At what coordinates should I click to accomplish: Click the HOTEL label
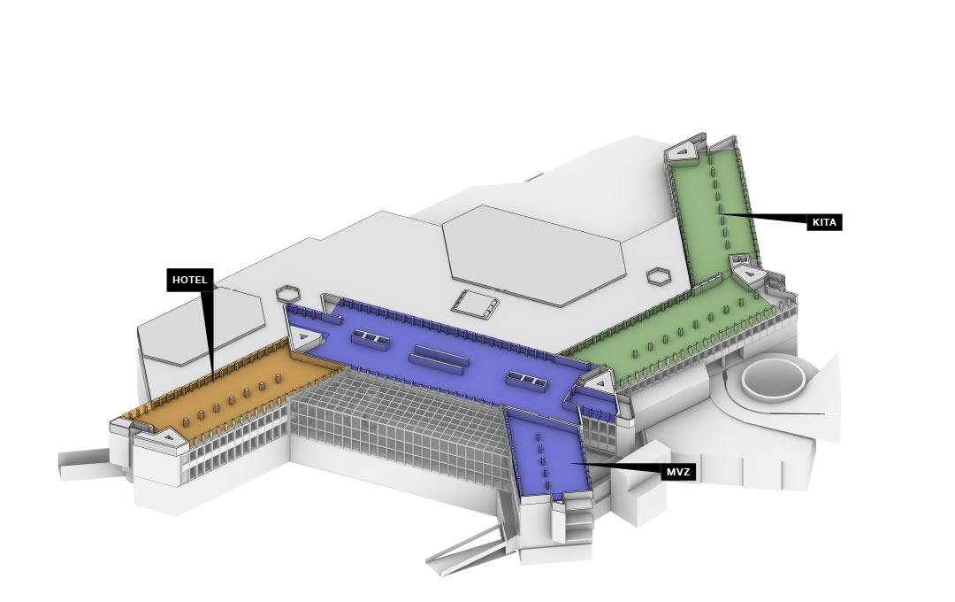point(190,280)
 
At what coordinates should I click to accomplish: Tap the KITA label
point(824,222)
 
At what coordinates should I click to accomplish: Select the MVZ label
point(678,472)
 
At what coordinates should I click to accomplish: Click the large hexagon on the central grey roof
point(534,252)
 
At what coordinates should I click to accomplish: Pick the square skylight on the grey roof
point(476,304)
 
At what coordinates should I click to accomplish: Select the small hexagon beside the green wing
point(658,274)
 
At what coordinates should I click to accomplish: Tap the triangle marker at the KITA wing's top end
point(683,153)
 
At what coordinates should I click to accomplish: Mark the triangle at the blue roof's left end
point(305,337)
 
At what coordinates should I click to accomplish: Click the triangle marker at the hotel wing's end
point(166,436)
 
